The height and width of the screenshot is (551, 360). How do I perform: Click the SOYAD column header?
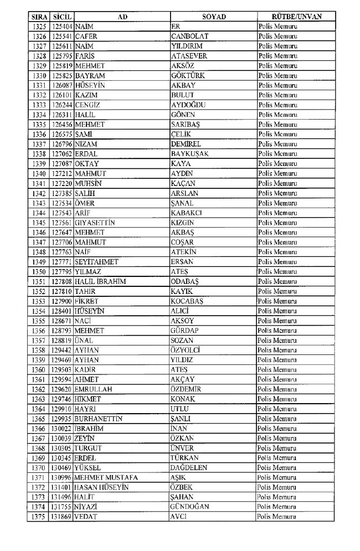pyautogui.click(x=213, y=17)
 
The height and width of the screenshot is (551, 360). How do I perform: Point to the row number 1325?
pyautogui.click(x=38, y=27)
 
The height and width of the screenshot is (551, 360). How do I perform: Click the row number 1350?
pyautogui.click(x=38, y=271)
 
